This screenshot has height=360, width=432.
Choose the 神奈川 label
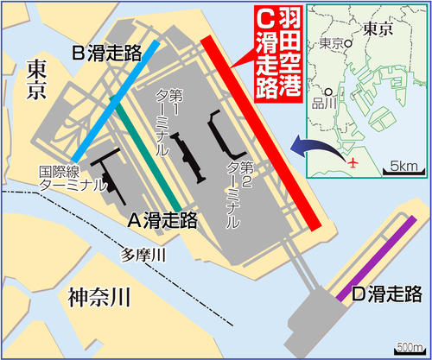[98, 298]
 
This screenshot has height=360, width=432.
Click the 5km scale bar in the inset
[404, 164]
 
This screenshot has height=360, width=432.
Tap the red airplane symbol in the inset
[352, 161]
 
